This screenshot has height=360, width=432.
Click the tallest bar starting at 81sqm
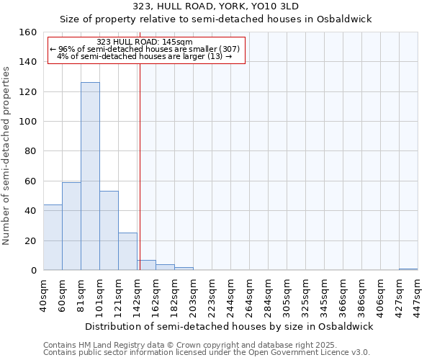pyautogui.click(x=90, y=176)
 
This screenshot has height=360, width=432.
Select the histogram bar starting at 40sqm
pyautogui.click(x=53, y=238)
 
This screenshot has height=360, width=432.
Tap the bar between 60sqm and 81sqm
pyautogui.click(x=71, y=226)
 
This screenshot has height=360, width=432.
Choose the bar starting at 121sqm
pyautogui.click(x=127, y=251)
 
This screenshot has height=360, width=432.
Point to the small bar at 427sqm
pyautogui.click(x=408, y=269)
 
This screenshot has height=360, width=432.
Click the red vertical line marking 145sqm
pyautogui.click(x=140, y=166)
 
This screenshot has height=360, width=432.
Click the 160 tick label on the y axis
pyautogui.click(x=28, y=32)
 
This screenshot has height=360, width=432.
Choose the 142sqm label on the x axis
pyautogui.click(x=137, y=295)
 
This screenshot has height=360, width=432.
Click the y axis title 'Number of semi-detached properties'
pyautogui.click(x=7, y=151)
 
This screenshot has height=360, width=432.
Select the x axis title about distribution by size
pyautogui.click(x=230, y=326)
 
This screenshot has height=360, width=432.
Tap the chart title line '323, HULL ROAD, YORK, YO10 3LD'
pyautogui.click(x=216, y=6)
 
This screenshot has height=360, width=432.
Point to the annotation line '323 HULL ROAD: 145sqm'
pyautogui.click(x=144, y=42)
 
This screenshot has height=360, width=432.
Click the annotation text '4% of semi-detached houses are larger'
pyautogui.click(x=144, y=56)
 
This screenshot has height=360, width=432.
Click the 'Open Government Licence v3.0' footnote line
pyautogui.click(x=207, y=352)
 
